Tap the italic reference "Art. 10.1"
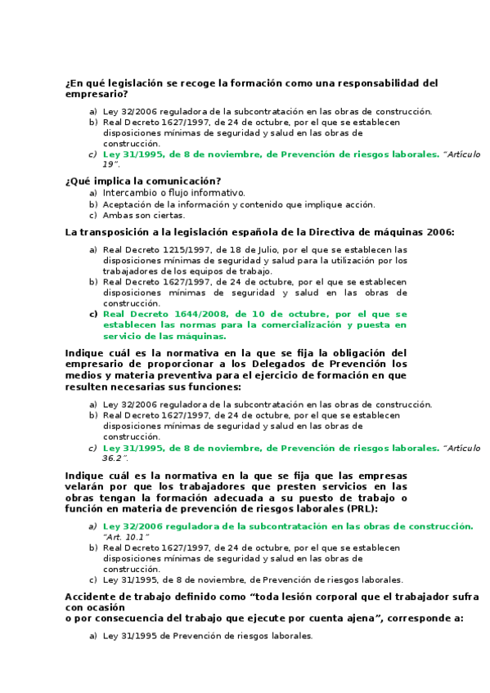(x=126, y=537)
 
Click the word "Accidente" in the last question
(x=92, y=597)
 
